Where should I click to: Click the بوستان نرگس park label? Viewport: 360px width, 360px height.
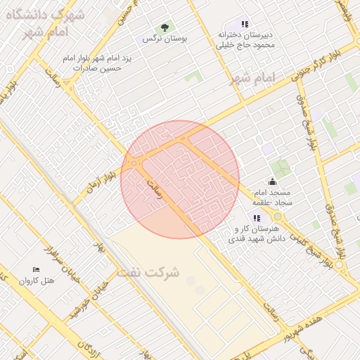164,39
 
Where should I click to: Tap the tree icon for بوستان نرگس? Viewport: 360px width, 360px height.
165,28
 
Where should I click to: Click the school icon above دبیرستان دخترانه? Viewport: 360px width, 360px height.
245,24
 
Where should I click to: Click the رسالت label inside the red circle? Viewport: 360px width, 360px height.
154,188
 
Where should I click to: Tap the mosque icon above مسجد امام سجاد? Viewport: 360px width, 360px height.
273,182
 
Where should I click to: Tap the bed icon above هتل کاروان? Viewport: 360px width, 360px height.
36,269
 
